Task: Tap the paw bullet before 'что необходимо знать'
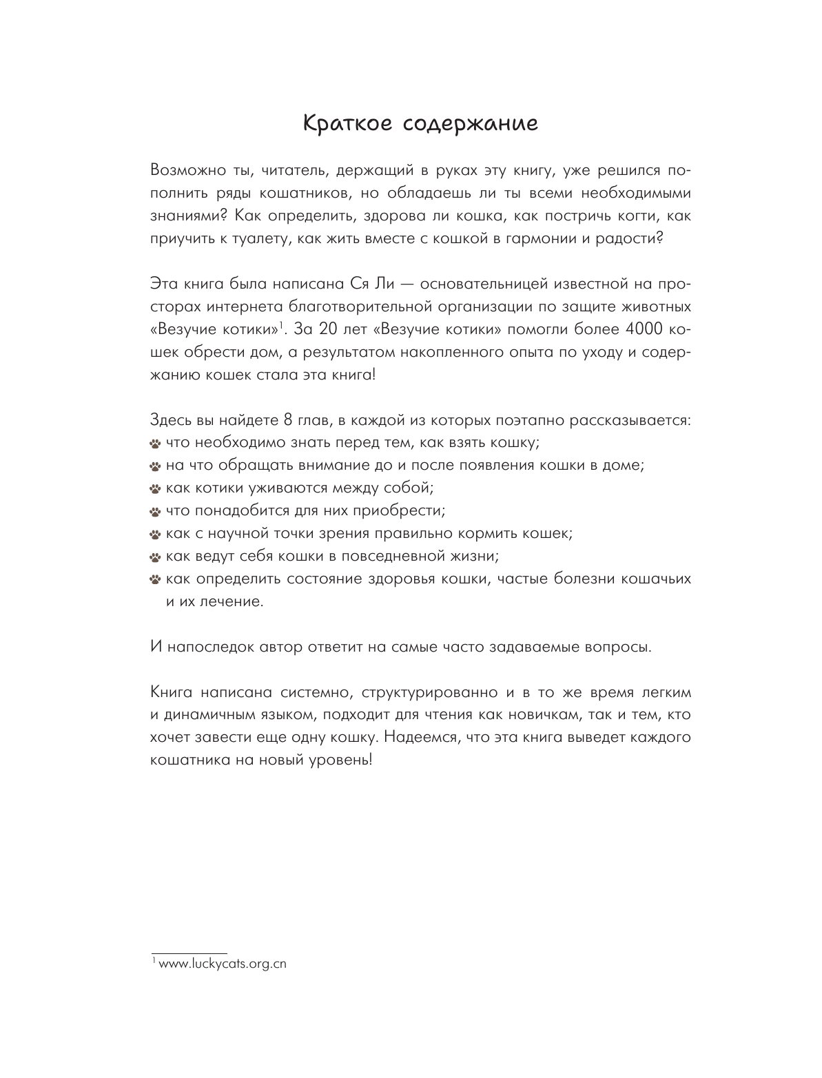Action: click(155, 443)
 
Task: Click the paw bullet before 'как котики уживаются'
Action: click(155, 488)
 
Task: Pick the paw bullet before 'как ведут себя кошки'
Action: click(155, 557)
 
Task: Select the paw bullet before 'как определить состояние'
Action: click(155, 579)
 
